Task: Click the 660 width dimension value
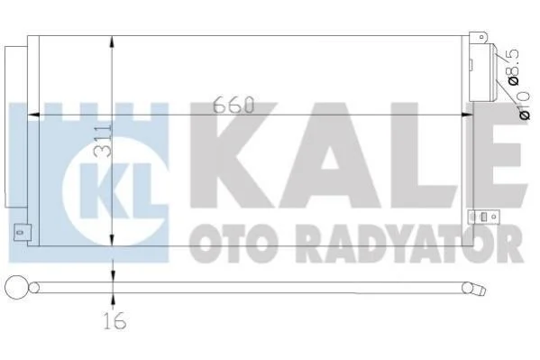coord(233,105)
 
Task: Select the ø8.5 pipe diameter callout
coord(512,67)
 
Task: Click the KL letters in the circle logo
coord(116,190)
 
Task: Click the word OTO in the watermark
coord(233,244)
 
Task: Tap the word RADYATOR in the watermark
coord(410,244)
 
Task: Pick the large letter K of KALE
coord(233,155)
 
